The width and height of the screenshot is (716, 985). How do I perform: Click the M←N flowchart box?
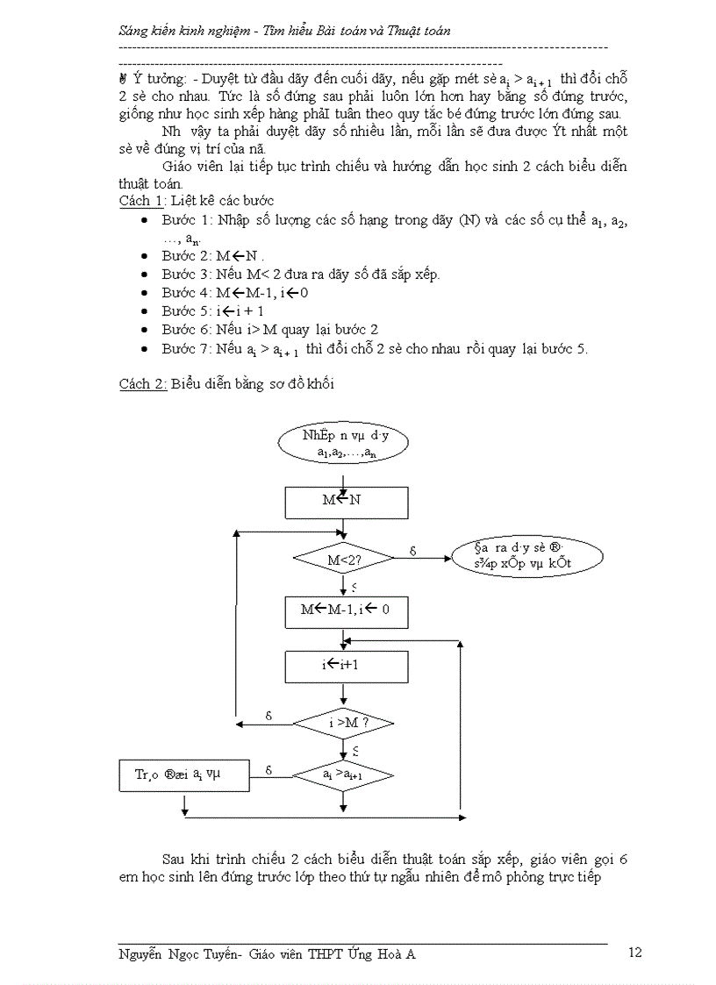(x=346, y=503)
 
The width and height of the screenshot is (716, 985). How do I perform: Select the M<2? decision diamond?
(x=343, y=559)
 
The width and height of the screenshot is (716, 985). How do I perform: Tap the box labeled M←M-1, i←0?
(x=346, y=612)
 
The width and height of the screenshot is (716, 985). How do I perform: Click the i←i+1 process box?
(x=346, y=666)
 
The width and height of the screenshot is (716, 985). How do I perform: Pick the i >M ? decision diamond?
(x=343, y=723)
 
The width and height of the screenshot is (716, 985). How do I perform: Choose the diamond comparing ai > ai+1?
(x=343, y=775)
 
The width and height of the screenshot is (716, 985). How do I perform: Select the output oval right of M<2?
(x=526, y=556)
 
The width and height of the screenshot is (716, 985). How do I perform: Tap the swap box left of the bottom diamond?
(x=183, y=774)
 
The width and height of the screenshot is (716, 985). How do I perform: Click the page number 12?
(x=636, y=953)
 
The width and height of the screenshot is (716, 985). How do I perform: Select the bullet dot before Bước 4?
(x=144, y=293)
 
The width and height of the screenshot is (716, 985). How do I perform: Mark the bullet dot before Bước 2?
(x=144, y=256)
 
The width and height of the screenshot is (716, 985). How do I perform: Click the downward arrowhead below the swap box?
(x=184, y=811)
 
